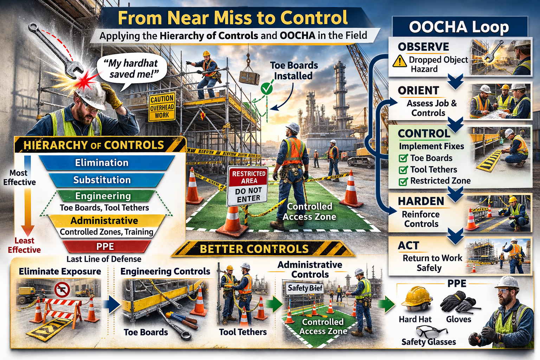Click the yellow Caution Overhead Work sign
(x=162, y=107)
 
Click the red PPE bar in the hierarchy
(x=105, y=246)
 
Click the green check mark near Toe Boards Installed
(x=266, y=89)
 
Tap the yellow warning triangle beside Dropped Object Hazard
(x=400, y=61)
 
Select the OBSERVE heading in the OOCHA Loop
(x=423, y=47)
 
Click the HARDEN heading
(x=421, y=201)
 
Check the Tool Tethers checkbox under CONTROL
(x=403, y=170)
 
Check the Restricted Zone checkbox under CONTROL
(x=403, y=181)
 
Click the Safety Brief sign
(x=305, y=288)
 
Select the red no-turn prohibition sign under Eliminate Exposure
(x=62, y=289)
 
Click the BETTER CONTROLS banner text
(x=254, y=249)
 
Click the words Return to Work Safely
(x=432, y=263)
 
